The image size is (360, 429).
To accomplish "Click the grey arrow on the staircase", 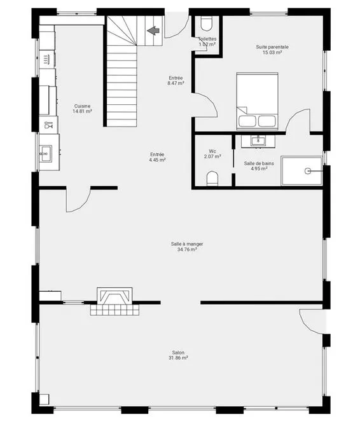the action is (x=153, y=31).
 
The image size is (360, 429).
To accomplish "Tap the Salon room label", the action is (x=178, y=352).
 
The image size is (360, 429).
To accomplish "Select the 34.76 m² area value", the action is (x=187, y=249).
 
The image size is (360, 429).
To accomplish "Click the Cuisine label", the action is (x=82, y=106).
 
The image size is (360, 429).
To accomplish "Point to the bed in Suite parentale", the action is (x=258, y=101).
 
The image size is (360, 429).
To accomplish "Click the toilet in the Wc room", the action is (x=212, y=179).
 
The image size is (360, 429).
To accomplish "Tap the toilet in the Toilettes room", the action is (x=206, y=24).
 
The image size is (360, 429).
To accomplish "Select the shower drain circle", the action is (x=308, y=171).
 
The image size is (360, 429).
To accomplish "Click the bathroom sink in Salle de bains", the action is (x=258, y=141).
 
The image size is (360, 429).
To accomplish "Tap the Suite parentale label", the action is (x=272, y=47).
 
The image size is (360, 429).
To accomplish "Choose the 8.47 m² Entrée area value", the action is (x=176, y=83).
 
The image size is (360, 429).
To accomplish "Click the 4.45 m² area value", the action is (x=157, y=160).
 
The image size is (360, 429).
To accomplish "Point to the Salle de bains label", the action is (x=259, y=163).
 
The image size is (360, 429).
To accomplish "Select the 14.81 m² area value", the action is (x=82, y=111).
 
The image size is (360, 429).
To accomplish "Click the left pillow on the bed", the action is (x=247, y=121).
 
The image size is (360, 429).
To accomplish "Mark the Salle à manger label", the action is (x=187, y=244).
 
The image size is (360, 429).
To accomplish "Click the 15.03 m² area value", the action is (x=272, y=52).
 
